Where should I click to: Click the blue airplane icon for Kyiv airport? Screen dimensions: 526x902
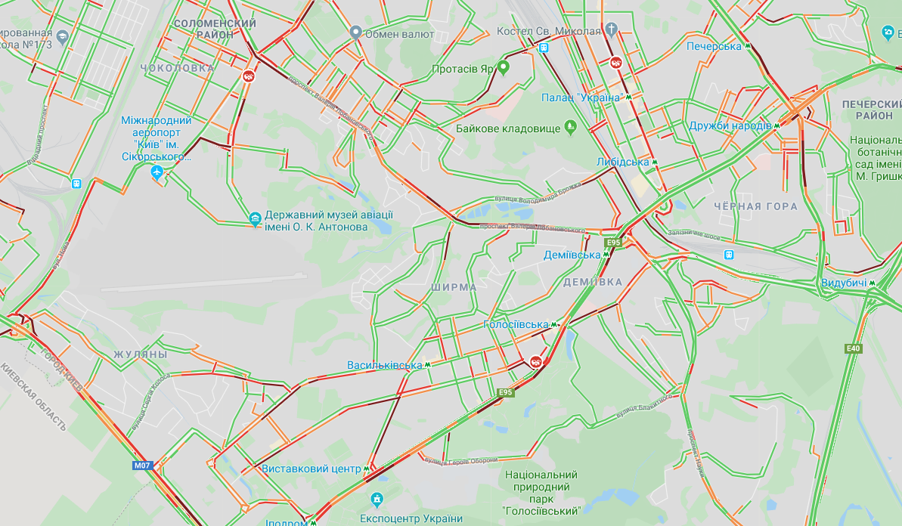pos(157,173)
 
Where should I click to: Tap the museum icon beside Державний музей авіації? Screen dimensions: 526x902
pos(256,219)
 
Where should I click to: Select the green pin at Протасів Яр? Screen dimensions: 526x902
pos(503,68)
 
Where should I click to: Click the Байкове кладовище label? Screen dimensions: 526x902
pos(508,128)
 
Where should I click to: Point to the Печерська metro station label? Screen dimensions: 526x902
pos(714,46)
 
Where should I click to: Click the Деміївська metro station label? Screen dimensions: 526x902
pos(572,255)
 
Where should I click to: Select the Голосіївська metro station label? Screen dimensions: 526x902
pos(516,324)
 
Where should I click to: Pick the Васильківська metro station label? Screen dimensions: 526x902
pos(384,365)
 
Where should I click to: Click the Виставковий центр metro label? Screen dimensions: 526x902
pos(312,469)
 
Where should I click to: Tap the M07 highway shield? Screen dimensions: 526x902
pos(142,466)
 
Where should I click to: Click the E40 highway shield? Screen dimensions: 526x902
pos(854,348)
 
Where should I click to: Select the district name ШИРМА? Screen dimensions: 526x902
pos(454,287)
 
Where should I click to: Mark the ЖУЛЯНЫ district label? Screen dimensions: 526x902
pos(141,354)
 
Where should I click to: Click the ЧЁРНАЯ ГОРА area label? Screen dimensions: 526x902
pos(755,206)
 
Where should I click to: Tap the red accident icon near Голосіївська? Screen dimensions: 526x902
pos(536,361)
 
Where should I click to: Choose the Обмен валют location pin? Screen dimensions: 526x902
pos(356,32)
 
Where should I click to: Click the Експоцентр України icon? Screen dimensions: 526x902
pos(377,500)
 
